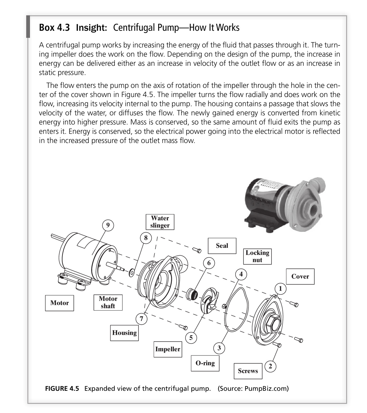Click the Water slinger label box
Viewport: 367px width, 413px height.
coord(160,222)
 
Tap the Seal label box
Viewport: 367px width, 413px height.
coord(222,245)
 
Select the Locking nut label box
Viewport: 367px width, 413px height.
coord(257,256)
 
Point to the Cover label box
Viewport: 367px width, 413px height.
coord(300,276)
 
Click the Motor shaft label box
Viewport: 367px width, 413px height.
coord(108,302)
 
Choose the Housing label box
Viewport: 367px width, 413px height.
coord(124,333)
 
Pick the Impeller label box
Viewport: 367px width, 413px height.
coord(168,349)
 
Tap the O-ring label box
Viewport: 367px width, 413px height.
coord(205,363)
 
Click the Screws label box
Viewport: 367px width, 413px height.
coord(248,371)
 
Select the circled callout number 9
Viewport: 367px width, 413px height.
coord(108,225)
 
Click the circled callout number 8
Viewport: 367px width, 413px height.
coord(146,237)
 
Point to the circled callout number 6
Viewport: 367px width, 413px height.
coord(209,263)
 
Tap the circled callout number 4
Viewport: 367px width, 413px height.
coord(241,274)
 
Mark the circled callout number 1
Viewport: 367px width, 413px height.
coord(281,289)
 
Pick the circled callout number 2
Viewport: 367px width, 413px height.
coord(270,366)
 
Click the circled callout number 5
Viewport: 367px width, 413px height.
coord(191,338)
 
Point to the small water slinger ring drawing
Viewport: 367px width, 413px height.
coord(132,272)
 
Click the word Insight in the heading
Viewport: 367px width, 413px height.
coord(91,28)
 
